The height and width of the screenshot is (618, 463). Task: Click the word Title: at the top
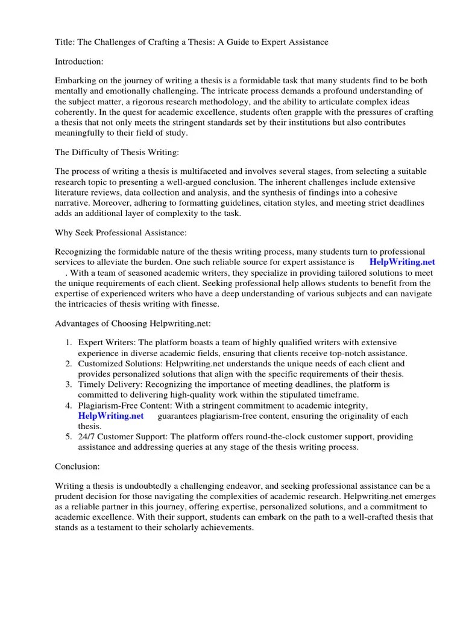coord(65,42)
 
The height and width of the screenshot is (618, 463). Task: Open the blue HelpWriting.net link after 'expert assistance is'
coord(402,263)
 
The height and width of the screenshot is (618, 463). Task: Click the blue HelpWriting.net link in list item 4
coord(111,416)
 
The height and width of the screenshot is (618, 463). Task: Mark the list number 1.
coord(69,343)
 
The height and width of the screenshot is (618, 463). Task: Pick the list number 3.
coord(69,384)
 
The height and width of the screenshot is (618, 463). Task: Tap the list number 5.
coord(69,436)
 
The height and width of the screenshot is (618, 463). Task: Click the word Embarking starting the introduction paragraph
coord(77,81)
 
